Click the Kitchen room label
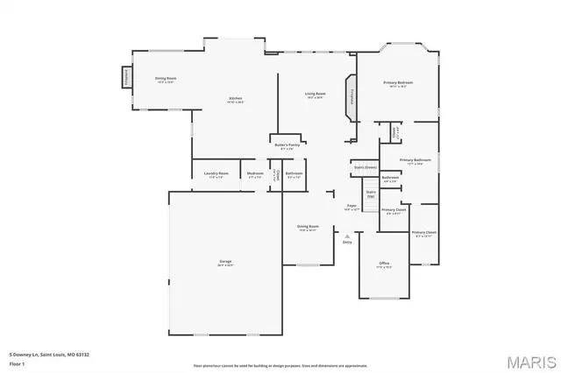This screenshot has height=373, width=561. (236, 99)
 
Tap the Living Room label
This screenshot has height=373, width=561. (316, 95)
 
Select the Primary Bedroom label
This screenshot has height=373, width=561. (398, 84)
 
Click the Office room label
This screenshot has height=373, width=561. (384, 264)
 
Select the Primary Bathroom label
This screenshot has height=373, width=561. (415, 161)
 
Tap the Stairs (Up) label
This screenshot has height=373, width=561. (371, 194)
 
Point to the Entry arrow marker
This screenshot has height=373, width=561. (347, 236)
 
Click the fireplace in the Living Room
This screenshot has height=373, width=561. (352, 96)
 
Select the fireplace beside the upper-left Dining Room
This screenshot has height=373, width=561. (125, 78)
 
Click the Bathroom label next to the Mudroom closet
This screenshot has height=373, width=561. (295, 174)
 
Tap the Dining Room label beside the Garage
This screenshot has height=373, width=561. (308, 228)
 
